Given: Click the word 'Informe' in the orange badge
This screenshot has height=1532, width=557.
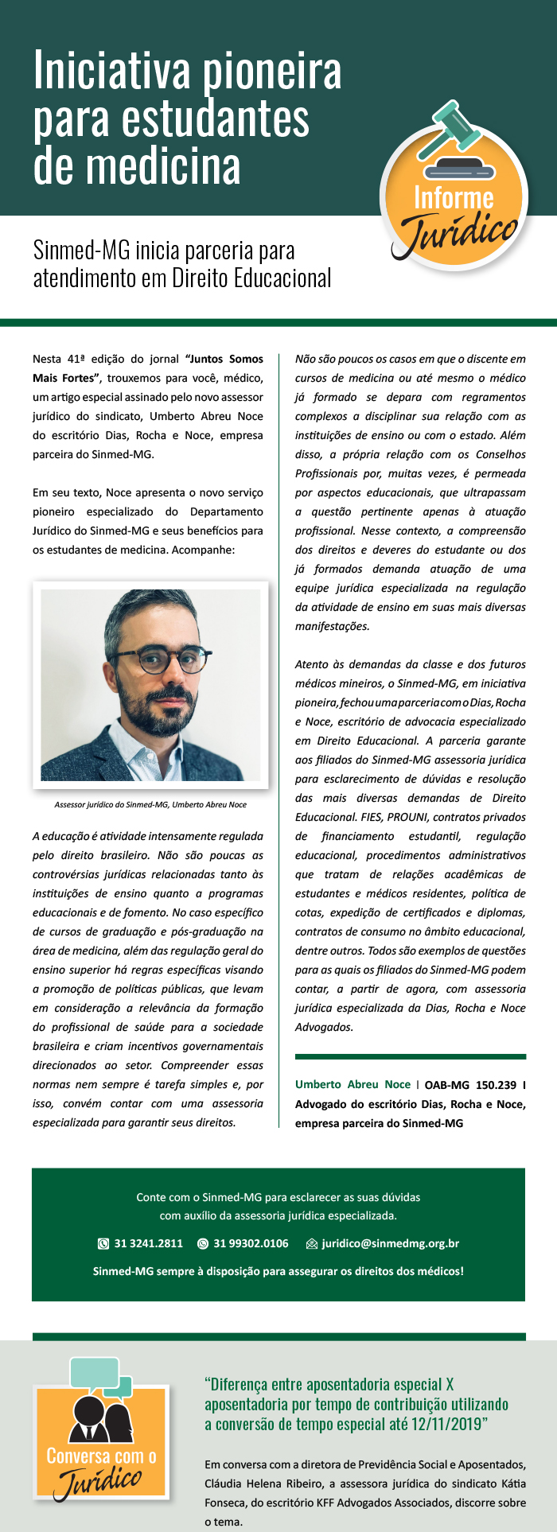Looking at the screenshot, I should tap(454, 197).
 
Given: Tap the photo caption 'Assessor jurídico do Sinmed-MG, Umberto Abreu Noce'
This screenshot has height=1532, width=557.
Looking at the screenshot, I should tap(150, 804).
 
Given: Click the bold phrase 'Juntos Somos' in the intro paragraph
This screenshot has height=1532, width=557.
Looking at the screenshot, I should tap(224, 359).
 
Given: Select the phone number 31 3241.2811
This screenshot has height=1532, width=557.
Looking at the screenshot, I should tap(148, 1243).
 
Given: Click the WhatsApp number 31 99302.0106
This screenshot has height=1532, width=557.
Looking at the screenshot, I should tap(251, 1243).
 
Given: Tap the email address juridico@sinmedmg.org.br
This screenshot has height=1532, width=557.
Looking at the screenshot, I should tap(390, 1243).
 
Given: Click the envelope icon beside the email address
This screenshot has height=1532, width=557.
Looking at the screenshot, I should tap(312, 1244).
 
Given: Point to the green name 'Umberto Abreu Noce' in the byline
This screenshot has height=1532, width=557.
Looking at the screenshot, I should tap(353, 1084).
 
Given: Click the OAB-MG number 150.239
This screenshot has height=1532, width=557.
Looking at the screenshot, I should tap(496, 1084).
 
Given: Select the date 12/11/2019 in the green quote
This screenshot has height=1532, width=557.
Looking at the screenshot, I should tap(446, 1424).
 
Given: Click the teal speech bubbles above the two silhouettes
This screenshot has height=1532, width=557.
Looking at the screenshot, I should tap(101, 1377).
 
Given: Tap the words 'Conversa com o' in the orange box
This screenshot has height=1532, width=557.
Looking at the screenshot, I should tap(101, 1456).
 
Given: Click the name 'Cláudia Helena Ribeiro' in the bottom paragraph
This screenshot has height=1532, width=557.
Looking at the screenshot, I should tap(259, 1483).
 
